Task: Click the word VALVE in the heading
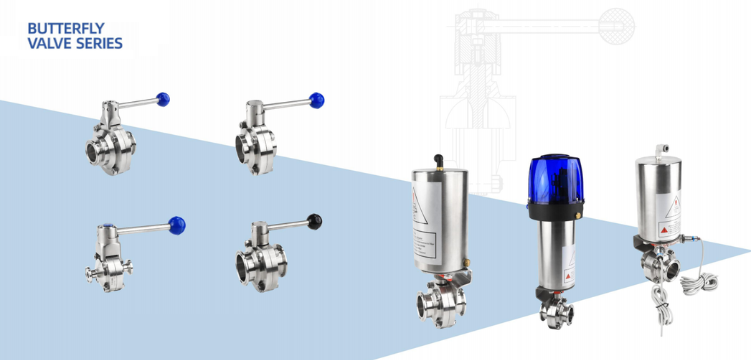coord(48,44)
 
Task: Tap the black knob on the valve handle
coord(315,219)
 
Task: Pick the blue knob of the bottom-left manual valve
coord(177,224)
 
